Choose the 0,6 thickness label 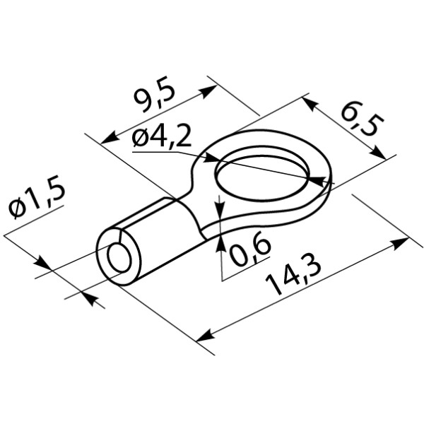click(249, 249)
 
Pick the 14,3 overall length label click(293, 273)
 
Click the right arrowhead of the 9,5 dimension click(208, 91)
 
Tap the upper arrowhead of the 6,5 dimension click(310, 104)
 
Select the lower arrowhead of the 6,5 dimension click(378, 153)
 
